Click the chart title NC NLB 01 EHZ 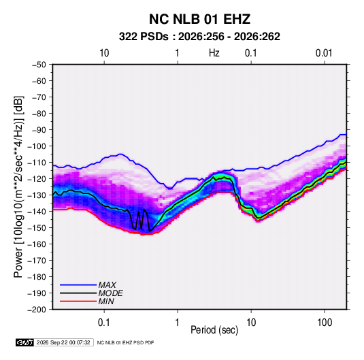[x=199, y=19]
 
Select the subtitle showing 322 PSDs [x=199, y=37]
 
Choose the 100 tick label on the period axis [x=325, y=323]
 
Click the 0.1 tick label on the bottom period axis [x=103, y=323]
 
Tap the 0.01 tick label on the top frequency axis [x=324, y=53]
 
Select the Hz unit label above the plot [x=214, y=53]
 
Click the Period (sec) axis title [x=214, y=330]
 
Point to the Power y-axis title [x=18, y=186]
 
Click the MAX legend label [x=107, y=285]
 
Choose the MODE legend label [x=110, y=293]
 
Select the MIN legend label [x=106, y=301]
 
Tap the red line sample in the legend [x=78, y=301]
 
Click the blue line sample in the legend [x=78, y=285]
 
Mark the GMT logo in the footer [x=25, y=342]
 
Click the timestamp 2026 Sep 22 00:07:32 [x=63, y=342]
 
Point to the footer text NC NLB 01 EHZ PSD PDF [x=125, y=342]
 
